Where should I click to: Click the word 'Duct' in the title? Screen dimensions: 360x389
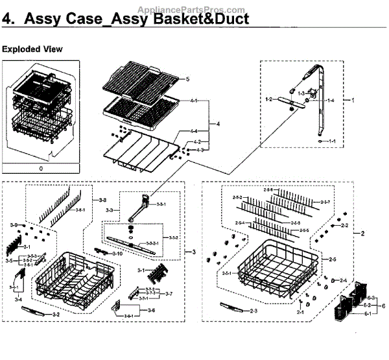click(x=227, y=19)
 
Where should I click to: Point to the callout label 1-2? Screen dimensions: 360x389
click(x=269, y=99)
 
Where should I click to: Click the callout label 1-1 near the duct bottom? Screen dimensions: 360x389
click(x=332, y=141)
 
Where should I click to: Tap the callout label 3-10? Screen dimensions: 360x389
click(x=117, y=253)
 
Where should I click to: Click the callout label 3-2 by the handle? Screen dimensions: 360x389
click(x=56, y=315)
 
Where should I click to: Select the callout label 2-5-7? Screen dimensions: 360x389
click(x=325, y=202)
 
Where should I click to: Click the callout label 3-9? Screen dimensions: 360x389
click(x=14, y=224)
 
